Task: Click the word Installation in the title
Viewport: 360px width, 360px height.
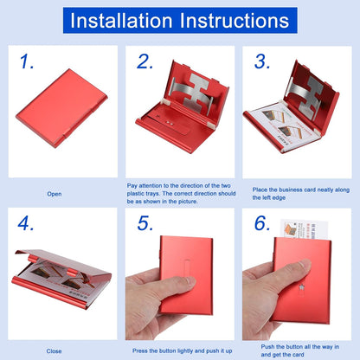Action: [128, 21]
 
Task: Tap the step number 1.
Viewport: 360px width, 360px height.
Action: [28, 61]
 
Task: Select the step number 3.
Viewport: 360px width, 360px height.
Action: [261, 61]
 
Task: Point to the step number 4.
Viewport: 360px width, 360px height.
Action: [29, 224]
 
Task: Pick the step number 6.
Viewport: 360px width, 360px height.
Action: [261, 224]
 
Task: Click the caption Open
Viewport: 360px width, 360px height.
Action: [54, 195]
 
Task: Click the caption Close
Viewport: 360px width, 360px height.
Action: [54, 351]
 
